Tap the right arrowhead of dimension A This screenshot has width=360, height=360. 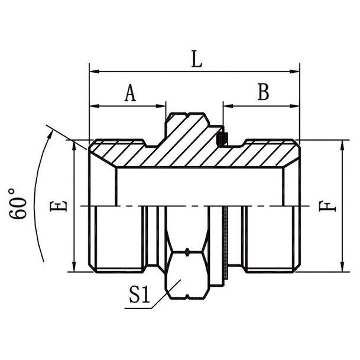coord(161,107)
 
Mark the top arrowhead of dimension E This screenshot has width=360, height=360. coord(74,145)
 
